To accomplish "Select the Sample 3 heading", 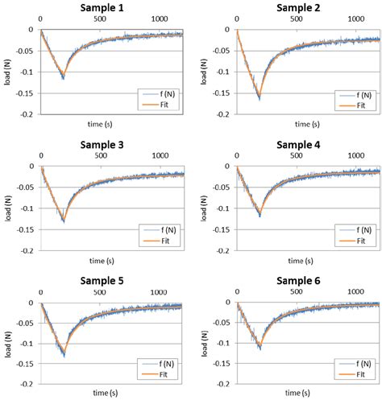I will [x=101, y=144].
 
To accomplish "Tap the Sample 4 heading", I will [x=297, y=144].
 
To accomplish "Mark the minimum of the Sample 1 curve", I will [x=63, y=78].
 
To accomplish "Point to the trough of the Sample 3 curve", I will [x=63, y=221].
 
